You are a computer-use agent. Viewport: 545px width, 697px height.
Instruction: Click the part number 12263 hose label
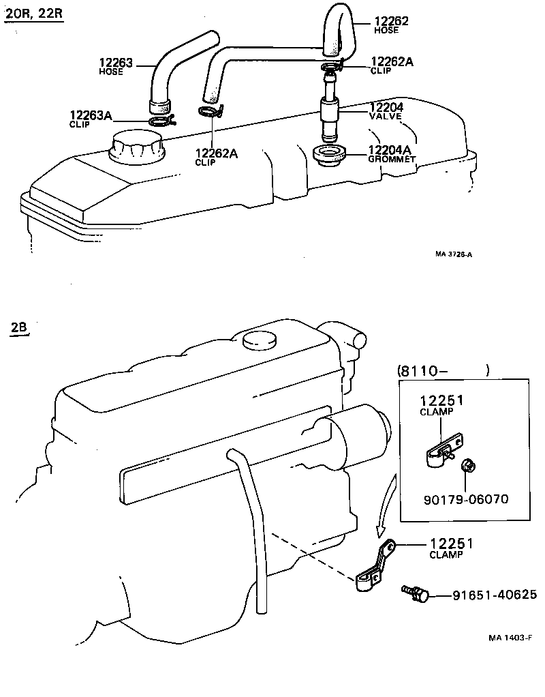point(116,63)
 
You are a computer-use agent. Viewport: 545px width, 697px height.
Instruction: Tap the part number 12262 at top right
point(390,21)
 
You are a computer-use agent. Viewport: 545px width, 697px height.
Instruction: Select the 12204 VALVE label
point(386,108)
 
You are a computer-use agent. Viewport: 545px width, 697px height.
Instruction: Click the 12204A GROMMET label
point(390,150)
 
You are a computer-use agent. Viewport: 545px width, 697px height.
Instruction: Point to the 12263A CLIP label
point(90,115)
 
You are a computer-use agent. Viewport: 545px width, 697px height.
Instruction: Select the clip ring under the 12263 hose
point(161,121)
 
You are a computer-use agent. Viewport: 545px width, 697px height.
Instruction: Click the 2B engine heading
point(19,327)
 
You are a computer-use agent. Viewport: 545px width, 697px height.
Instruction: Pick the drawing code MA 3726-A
point(454,254)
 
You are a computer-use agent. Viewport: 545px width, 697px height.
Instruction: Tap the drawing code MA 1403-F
point(510,638)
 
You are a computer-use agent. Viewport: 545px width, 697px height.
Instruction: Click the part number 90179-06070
point(465,499)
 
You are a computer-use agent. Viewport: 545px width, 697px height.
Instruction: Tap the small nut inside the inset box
point(467,466)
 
